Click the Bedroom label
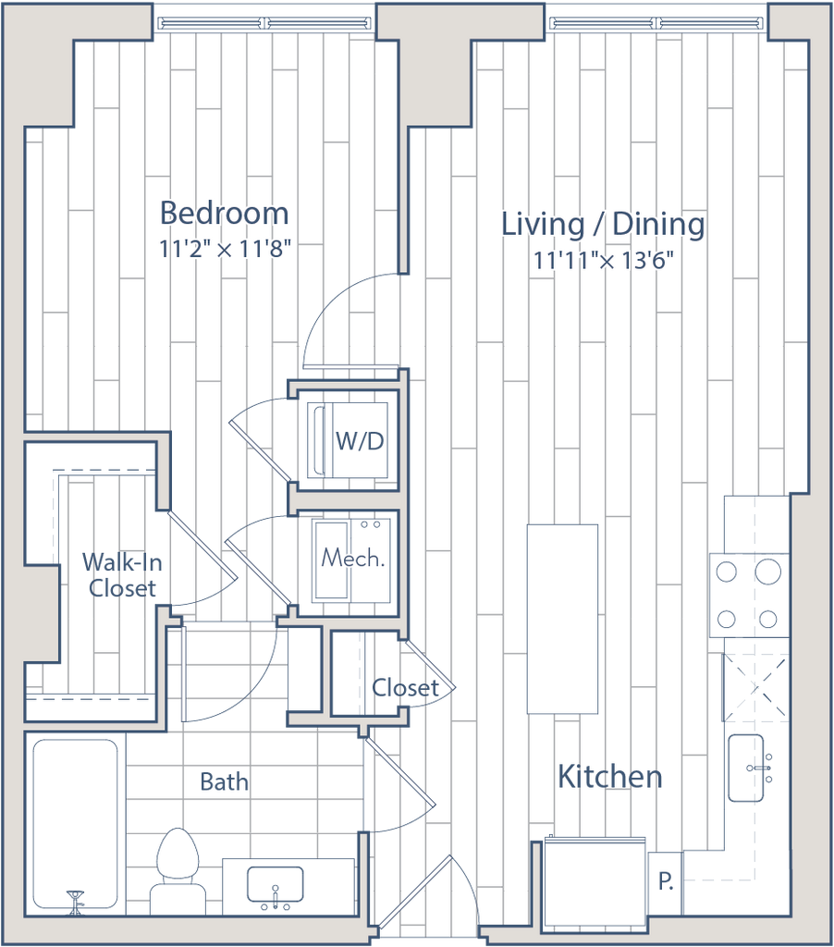224,213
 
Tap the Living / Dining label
603,225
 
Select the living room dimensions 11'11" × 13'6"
604,262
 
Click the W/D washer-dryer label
360,441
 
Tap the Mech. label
352,559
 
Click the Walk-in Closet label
120,575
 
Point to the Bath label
224,782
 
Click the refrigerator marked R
665,880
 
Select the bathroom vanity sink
275,885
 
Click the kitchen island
561,618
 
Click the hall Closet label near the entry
403,687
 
